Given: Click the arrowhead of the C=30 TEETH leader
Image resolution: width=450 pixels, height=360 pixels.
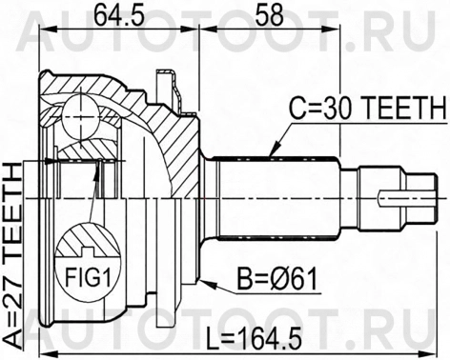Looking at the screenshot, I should pos(274,152).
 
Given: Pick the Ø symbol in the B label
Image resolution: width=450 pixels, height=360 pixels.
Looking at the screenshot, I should pos(275,279).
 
